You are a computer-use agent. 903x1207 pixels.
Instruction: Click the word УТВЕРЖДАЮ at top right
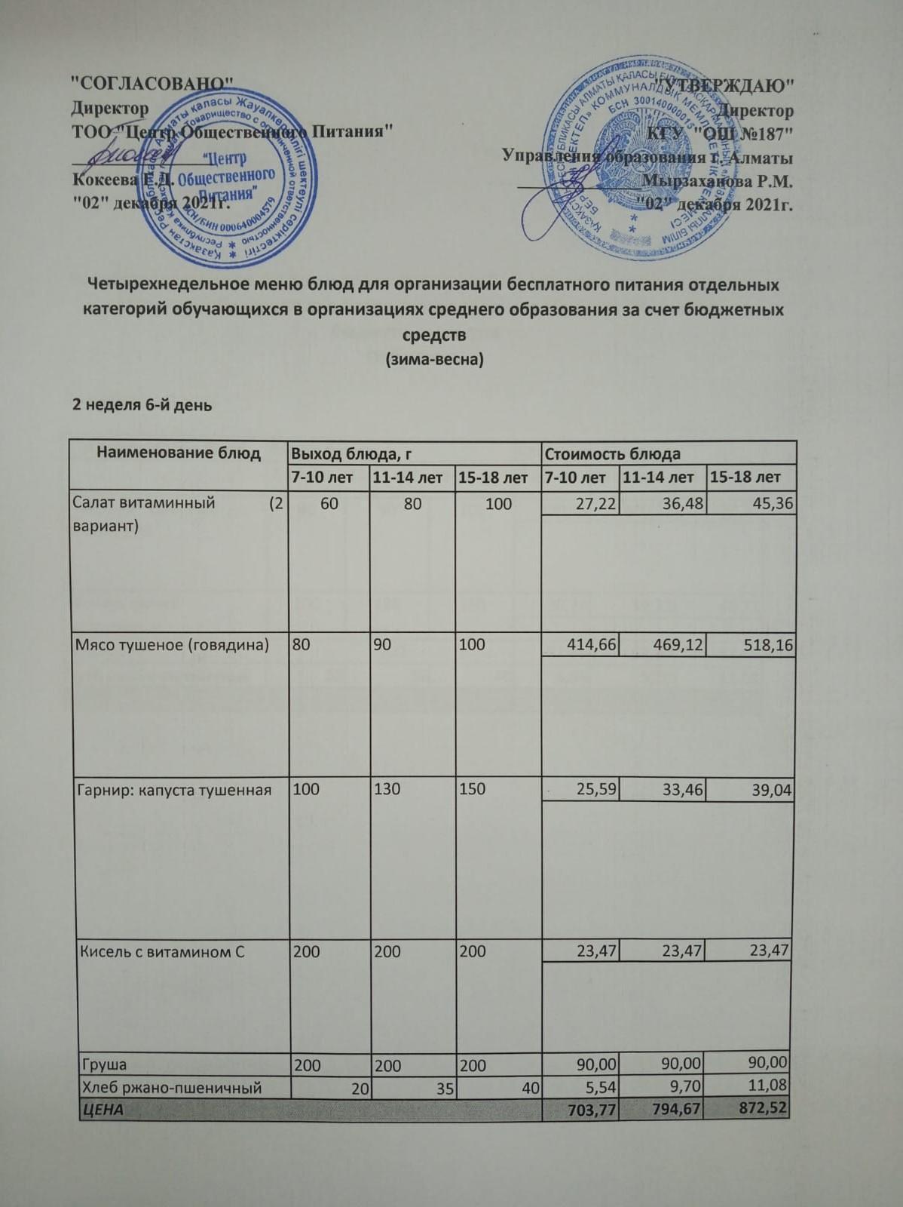tap(727, 84)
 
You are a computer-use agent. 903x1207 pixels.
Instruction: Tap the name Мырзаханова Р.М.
tap(716, 181)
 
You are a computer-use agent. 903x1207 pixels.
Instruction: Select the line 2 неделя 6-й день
tap(142, 405)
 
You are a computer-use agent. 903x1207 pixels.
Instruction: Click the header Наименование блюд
tap(179, 453)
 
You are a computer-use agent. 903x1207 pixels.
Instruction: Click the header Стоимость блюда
tap(612, 454)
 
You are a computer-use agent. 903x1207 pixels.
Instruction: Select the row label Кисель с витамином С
tap(163, 951)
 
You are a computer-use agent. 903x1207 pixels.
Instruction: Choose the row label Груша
tap(104, 1065)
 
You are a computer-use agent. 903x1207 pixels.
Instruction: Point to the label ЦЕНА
tap(103, 1110)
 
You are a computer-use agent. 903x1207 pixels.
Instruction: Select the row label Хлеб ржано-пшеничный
tap(172, 1087)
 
